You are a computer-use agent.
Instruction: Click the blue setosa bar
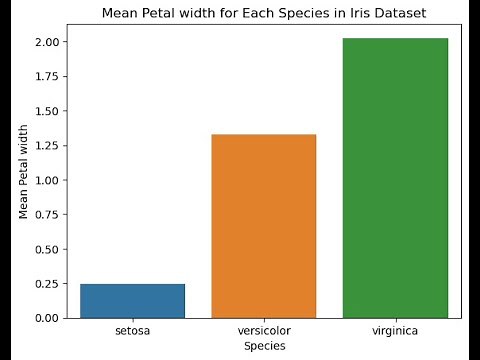click(132, 301)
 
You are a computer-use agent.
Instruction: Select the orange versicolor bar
click(264, 226)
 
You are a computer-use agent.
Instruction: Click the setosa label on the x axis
click(132, 330)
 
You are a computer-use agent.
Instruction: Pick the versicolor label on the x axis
click(264, 330)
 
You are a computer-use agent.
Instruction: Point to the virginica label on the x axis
click(395, 330)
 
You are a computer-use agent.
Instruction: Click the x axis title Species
click(264, 346)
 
